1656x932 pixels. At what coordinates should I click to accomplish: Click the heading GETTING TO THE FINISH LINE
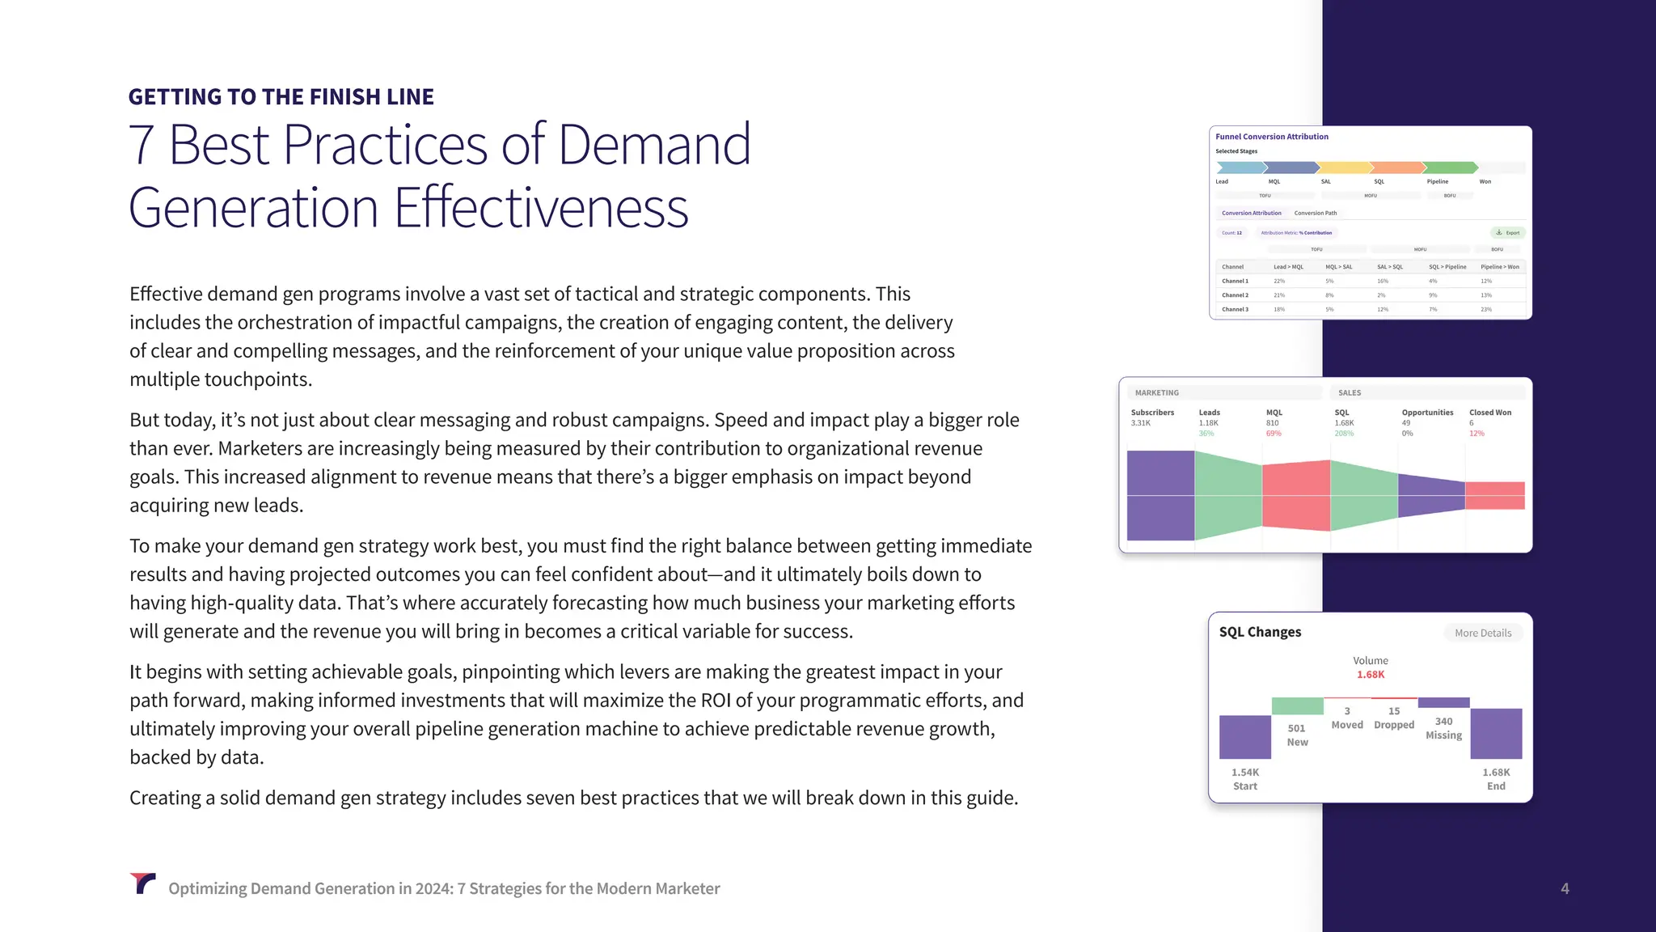tap(281, 97)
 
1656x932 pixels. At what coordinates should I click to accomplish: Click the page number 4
tap(1565, 888)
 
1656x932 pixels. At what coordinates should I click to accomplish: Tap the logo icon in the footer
tap(142, 883)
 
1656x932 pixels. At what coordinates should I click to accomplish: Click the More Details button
tap(1482, 633)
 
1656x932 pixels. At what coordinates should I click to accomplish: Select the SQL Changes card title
tap(1260, 632)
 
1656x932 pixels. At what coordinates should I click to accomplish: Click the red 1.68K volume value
tap(1370, 675)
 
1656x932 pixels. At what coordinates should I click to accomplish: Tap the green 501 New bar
tap(1297, 705)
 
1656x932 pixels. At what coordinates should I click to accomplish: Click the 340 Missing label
tap(1443, 728)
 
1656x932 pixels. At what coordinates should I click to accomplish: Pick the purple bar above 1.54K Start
tap(1244, 736)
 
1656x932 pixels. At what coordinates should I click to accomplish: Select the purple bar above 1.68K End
tap(1496, 733)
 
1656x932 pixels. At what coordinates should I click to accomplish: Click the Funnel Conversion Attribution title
tap(1271, 137)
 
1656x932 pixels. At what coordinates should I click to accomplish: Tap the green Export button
tap(1507, 232)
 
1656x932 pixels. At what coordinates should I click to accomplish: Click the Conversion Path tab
tap(1315, 213)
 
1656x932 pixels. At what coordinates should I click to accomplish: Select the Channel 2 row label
tap(1235, 295)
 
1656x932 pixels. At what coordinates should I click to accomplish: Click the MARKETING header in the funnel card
tap(1156, 393)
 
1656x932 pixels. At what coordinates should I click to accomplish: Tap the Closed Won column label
tap(1489, 413)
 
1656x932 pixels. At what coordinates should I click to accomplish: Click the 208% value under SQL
tap(1343, 434)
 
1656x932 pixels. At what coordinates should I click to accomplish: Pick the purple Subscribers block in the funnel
tap(1160, 495)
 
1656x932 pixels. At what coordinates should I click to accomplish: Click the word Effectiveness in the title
tap(541, 208)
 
